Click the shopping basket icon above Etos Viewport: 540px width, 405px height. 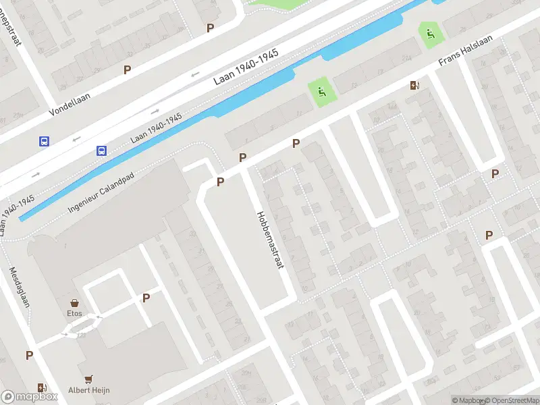[74, 303]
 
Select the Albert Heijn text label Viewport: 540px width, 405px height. [88, 389]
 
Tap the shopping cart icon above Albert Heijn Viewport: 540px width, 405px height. [88, 379]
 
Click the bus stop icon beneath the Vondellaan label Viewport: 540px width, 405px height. [44, 142]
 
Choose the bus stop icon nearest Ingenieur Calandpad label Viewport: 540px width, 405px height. [101, 151]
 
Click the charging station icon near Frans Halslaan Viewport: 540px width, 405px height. [414, 85]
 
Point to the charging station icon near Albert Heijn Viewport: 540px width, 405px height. [43, 387]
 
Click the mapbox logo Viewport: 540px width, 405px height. [30, 397]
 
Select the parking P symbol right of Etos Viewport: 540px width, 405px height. [146, 298]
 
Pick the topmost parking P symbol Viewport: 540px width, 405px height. [211, 28]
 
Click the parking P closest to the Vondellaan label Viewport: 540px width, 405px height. [127, 70]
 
